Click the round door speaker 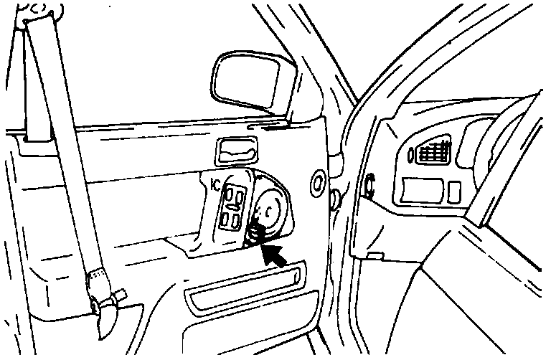tap(269, 209)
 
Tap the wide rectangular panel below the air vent tap(423, 189)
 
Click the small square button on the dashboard tap(453, 190)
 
